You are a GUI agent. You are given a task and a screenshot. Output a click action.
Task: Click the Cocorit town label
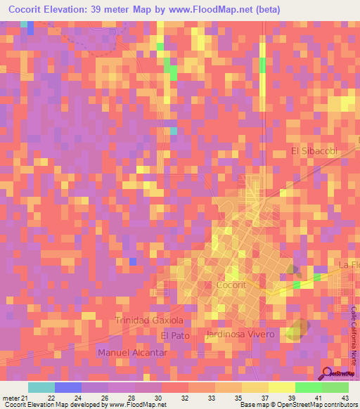coord(231,286)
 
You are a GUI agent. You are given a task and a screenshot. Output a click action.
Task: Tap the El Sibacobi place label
coord(314,151)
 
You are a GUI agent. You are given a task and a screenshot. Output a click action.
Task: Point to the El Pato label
coord(176,336)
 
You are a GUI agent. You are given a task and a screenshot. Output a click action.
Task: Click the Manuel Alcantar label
coord(133,352)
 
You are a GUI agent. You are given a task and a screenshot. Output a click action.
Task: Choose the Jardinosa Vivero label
coord(240,334)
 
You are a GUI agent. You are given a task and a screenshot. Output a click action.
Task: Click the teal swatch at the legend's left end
coord(41,387)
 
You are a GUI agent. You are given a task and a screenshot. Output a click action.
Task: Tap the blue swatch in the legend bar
coord(68,387)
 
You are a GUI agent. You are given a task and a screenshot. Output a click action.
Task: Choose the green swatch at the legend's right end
coord(335,387)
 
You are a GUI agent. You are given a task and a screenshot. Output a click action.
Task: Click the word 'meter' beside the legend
coord(9,398)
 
